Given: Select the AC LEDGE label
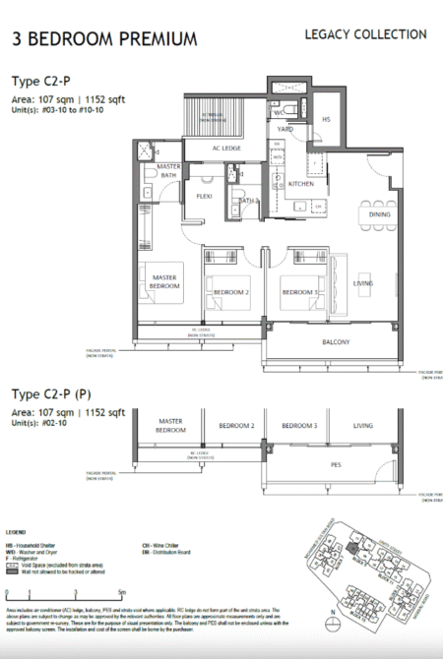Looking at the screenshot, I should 227,149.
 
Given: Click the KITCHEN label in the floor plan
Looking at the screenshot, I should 301,183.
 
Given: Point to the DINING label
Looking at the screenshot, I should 379,214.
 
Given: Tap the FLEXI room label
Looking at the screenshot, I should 205,196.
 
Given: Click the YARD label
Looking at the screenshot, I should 285,129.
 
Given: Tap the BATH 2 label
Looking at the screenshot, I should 247,201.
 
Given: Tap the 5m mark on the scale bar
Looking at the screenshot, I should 120,592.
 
